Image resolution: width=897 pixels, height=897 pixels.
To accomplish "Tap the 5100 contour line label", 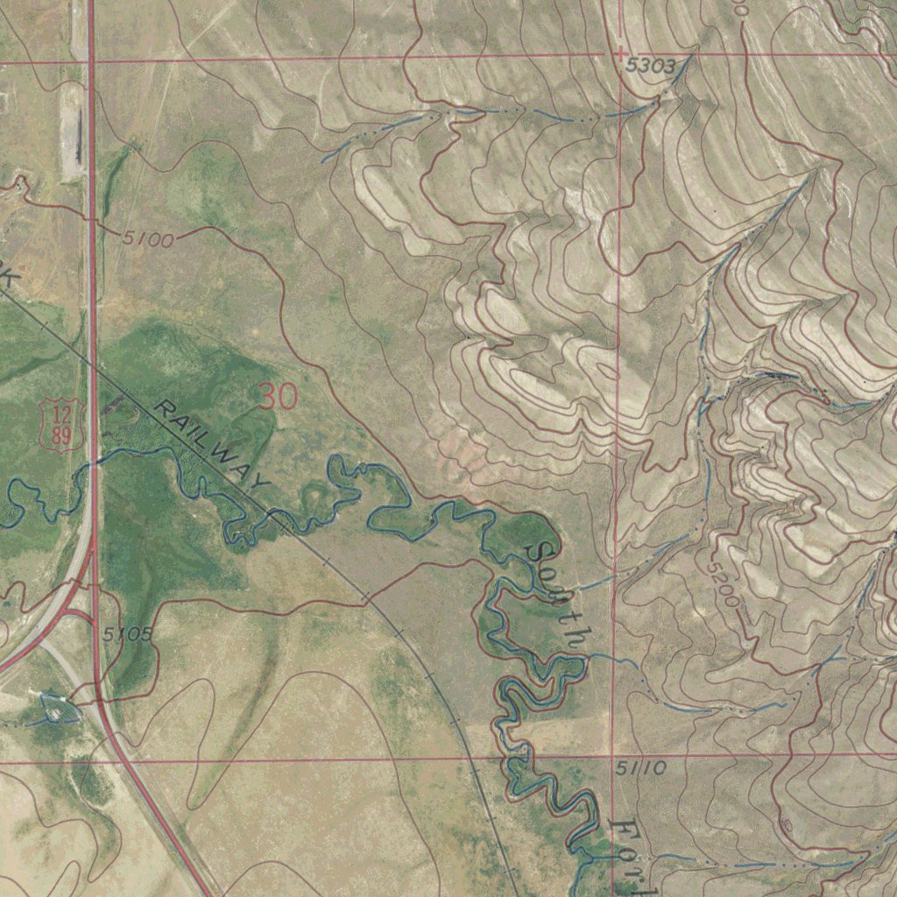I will click(x=148, y=237).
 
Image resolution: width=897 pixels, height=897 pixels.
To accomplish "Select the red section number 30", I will click(x=279, y=397).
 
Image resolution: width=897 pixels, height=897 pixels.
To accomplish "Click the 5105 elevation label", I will click(x=127, y=633).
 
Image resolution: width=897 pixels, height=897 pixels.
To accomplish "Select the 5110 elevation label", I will click(x=640, y=769).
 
